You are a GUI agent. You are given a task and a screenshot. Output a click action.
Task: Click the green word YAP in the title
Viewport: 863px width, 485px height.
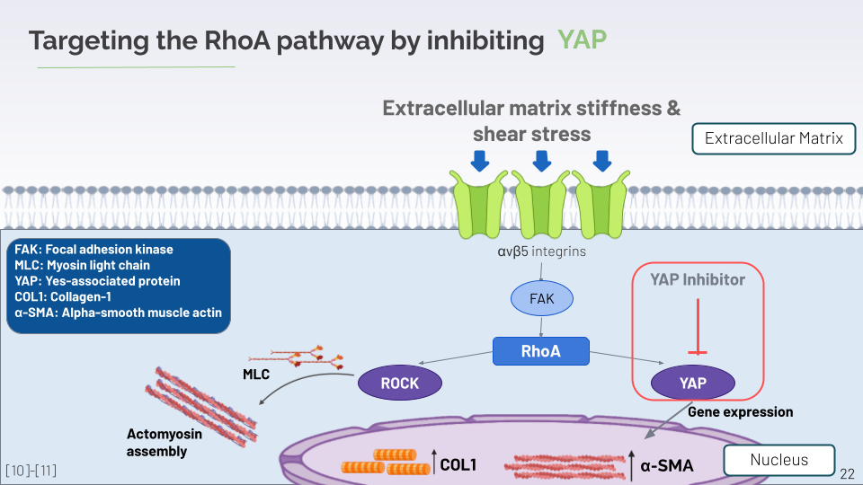582,40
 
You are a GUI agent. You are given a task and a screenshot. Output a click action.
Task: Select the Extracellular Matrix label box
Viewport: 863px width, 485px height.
773,139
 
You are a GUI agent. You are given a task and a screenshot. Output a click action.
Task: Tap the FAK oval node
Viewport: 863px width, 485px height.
542,299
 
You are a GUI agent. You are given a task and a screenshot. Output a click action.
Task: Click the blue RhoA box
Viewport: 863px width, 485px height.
540,351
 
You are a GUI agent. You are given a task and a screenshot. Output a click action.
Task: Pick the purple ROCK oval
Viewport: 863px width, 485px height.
400,383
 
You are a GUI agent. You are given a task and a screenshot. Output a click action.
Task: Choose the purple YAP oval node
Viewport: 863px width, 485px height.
693,383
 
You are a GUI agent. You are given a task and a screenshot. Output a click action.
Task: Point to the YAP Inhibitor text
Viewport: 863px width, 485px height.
698,279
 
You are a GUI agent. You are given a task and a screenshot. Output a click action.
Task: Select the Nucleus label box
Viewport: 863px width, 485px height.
779,460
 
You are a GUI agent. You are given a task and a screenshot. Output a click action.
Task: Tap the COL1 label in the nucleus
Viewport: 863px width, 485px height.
458,465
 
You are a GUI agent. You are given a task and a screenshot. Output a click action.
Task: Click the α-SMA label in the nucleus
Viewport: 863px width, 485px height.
667,465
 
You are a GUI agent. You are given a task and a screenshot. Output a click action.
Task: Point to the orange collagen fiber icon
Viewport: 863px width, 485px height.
386,463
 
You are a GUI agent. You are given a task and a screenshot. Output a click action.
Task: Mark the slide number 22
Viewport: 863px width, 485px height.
847,472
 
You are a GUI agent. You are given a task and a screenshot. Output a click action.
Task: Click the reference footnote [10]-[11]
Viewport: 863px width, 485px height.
31,471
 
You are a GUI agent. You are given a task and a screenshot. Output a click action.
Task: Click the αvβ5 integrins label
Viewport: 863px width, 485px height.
541,251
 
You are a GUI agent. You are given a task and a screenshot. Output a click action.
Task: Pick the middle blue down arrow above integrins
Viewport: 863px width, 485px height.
541,161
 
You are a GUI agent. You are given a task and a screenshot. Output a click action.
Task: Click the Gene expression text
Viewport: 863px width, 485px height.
741,412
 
